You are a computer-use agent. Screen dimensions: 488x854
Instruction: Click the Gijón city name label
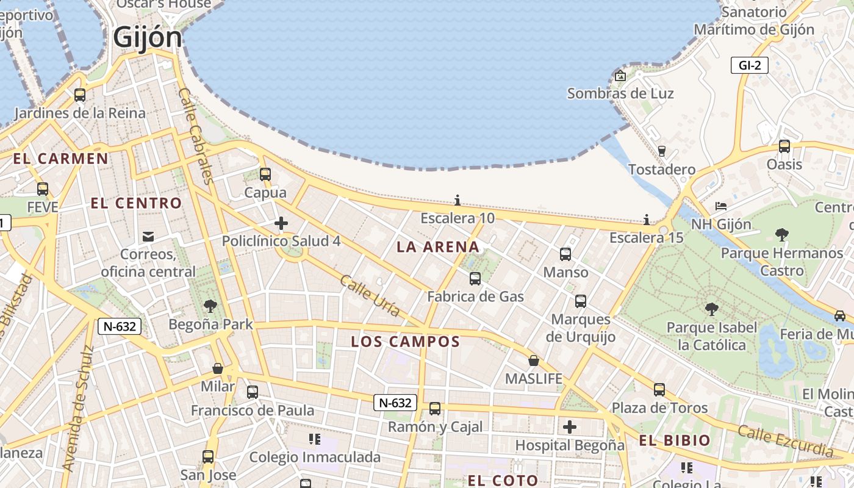coord(148,38)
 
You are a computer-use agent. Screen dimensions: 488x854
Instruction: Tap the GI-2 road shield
coord(749,65)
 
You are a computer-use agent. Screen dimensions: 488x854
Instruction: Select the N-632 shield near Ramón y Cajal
coord(395,403)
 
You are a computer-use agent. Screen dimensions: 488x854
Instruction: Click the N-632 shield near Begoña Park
coord(120,326)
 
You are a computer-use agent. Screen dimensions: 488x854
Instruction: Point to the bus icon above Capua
coord(265,174)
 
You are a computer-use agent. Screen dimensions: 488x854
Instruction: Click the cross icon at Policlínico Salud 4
coord(281,223)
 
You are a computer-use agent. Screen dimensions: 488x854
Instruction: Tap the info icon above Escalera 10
coord(457,200)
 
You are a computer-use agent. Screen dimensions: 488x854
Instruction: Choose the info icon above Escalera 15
coord(647,220)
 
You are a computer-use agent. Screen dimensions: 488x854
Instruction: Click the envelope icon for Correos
coord(148,236)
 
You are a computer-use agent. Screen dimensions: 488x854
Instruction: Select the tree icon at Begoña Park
coord(210,306)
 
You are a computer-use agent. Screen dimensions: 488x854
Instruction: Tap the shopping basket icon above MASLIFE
coord(534,361)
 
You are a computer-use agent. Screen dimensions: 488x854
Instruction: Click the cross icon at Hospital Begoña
coord(570,427)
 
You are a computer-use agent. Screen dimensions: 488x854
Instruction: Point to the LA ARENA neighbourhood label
coord(438,247)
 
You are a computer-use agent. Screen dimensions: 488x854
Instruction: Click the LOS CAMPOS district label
coord(405,342)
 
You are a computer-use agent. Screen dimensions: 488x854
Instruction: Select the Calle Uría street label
coord(370,296)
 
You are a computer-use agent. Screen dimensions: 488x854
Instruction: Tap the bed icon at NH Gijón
coord(721,206)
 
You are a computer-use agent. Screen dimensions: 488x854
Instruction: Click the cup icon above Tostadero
coord(662,151)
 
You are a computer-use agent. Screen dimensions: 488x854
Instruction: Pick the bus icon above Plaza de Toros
coord(659,389)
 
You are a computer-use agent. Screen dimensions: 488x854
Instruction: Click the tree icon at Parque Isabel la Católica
coord(711,309)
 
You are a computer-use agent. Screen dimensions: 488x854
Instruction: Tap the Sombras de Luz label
coord(620,93)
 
